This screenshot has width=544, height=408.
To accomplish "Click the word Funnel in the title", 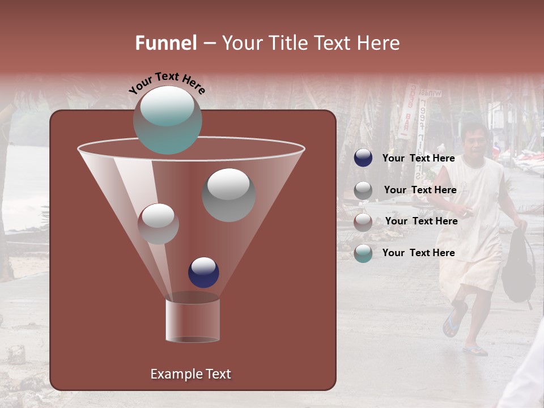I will click(x=166, y=43).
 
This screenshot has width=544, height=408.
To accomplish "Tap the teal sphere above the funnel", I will click(x=167, y=120).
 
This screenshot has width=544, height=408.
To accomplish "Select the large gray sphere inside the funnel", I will click(x=228, y=194).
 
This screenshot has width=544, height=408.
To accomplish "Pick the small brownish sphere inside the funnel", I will click(x=158, y=223).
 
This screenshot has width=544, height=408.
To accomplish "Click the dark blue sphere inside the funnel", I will click(x=203, y=272).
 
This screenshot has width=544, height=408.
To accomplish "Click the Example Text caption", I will click(x=190, y=374).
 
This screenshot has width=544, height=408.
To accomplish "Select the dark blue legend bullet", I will click(x=363, y=158).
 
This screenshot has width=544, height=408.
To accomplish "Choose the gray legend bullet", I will click(x=363, y=190).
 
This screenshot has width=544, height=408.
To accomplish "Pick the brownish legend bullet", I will click(x=363, y=222).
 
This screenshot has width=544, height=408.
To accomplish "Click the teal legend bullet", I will click(x=363, y=253).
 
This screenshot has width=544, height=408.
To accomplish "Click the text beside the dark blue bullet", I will click(x=418, y=159).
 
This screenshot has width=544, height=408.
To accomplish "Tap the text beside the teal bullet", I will click(x=418, y=253).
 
